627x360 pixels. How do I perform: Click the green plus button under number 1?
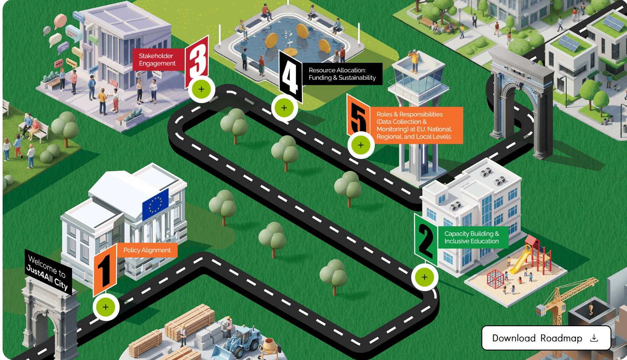point(106,307)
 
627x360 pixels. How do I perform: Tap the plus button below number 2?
point(424,277)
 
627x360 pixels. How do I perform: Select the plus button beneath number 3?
point(201,90)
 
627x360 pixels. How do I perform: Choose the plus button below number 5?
point(361,145)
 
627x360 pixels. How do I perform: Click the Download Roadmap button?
point(546,338)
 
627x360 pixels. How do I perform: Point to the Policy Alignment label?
point(147,250)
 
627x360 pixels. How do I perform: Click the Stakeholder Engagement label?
point(157,60)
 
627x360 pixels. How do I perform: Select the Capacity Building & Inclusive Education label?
point(471,237)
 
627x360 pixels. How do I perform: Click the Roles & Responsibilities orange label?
point(414,125)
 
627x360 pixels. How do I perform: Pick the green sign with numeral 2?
point(425,240)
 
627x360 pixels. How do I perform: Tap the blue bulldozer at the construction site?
point(240,336)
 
